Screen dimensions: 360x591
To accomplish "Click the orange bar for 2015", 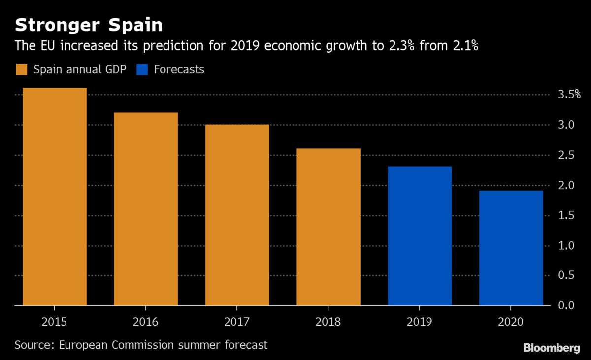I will pos(55,197).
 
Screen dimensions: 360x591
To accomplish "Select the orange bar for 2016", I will pos(146,209).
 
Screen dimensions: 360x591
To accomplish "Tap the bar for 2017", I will pos(237,215).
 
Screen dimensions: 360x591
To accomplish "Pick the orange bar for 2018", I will pos(328,227).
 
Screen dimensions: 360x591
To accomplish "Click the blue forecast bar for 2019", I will pos(420,236).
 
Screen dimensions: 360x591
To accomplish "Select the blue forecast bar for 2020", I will pos(511,248).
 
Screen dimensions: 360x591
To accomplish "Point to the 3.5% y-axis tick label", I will pos(568,95).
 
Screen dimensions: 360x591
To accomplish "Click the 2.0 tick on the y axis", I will pos(565,185).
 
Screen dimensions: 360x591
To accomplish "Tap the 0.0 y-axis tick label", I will pos(565,306).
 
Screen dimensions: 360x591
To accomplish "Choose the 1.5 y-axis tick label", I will pos(565,215).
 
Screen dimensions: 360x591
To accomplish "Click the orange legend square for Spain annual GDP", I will pos(22,69).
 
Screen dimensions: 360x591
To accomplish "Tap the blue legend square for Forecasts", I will pos(142,69).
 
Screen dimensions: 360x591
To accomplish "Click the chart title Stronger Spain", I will pos(89,25).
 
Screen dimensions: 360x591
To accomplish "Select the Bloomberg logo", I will pos(551,348).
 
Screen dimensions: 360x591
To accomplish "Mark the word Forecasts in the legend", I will pos(179,69).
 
